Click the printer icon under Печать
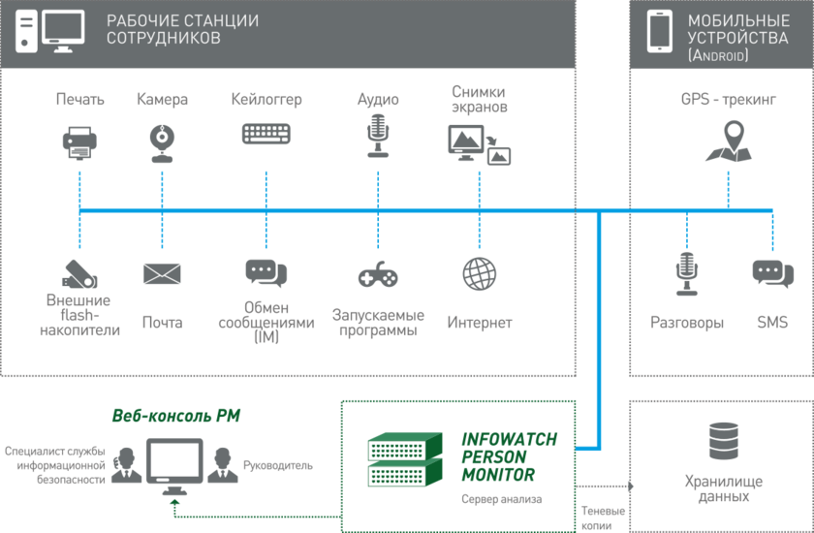click(80, 142)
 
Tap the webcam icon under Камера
click(162, 142)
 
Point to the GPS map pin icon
click(728, 141)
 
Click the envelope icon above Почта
click(162, 274)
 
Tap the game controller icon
click(377, 276)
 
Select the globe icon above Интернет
click(479, 273)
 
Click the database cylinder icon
click(723, 441)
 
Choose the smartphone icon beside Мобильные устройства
click(660, 31)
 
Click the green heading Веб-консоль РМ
click(176, 416)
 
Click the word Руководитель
click(278, 464)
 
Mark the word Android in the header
click(718, 56)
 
